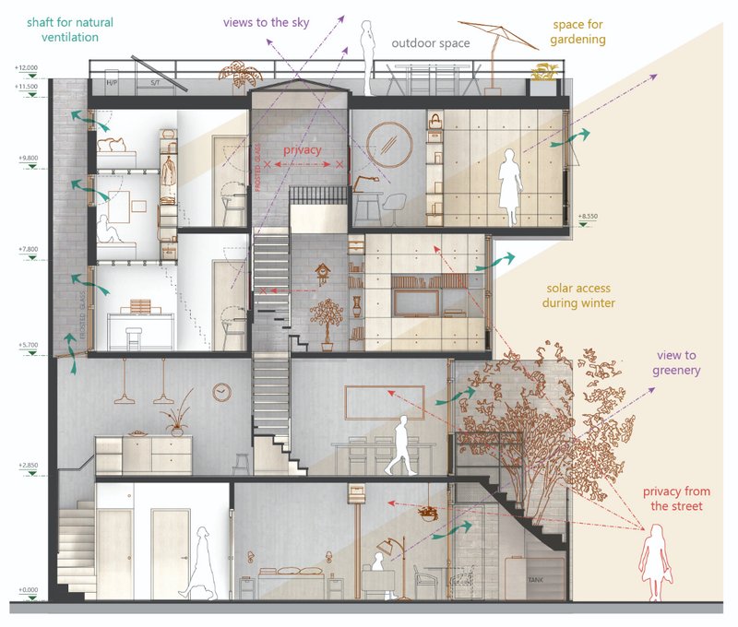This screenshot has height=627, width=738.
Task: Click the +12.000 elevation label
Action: coord(27,68)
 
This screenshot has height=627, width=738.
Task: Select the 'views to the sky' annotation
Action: coord(267,21)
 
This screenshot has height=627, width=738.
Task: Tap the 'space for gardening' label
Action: coord(578,32)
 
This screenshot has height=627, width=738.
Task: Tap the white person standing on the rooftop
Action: coord(367,54)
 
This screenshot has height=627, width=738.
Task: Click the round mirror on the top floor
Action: coord(388,143)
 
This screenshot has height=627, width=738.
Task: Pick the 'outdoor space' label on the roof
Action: coord(430,43)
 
